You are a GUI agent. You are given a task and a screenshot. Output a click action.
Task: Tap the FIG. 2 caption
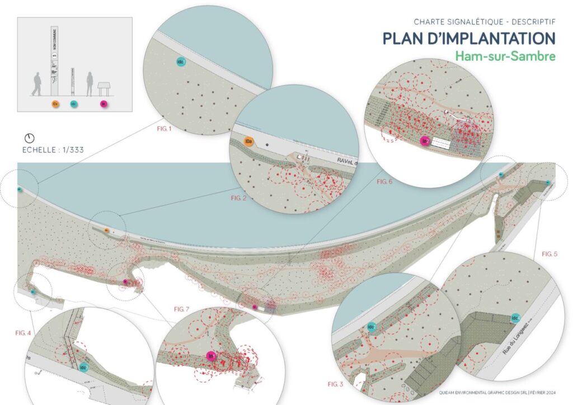(238, 197)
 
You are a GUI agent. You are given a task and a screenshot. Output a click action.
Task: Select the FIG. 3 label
(336, 384)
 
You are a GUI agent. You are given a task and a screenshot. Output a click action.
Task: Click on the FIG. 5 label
(549, 253)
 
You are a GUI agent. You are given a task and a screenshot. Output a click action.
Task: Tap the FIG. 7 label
(182, 309)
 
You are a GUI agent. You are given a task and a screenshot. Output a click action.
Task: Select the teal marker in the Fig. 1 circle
(181, 60)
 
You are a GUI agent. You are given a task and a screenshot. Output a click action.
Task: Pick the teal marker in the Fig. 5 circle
(515, 318)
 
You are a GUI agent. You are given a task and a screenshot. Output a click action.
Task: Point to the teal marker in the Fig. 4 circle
(84, 368)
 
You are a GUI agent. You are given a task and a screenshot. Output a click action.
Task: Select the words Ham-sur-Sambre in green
(505, 56)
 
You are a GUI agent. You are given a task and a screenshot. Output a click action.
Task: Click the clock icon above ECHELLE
(30, 138)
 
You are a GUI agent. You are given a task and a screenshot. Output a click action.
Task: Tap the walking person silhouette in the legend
(37, 84)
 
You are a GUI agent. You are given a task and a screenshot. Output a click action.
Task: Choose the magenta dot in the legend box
(103, 104)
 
